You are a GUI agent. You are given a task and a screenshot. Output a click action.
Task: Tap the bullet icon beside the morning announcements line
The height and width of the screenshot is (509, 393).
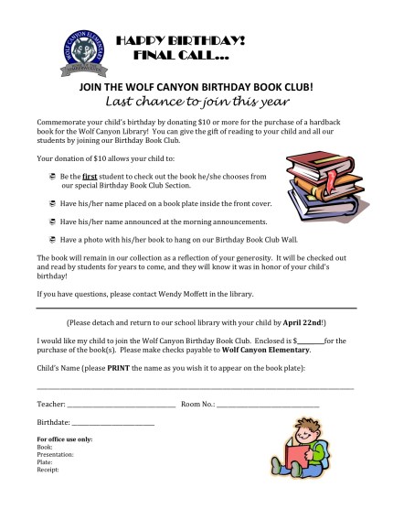pos(52,222)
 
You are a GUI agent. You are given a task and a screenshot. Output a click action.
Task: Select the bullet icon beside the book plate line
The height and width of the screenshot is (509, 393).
pos(52,207)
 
